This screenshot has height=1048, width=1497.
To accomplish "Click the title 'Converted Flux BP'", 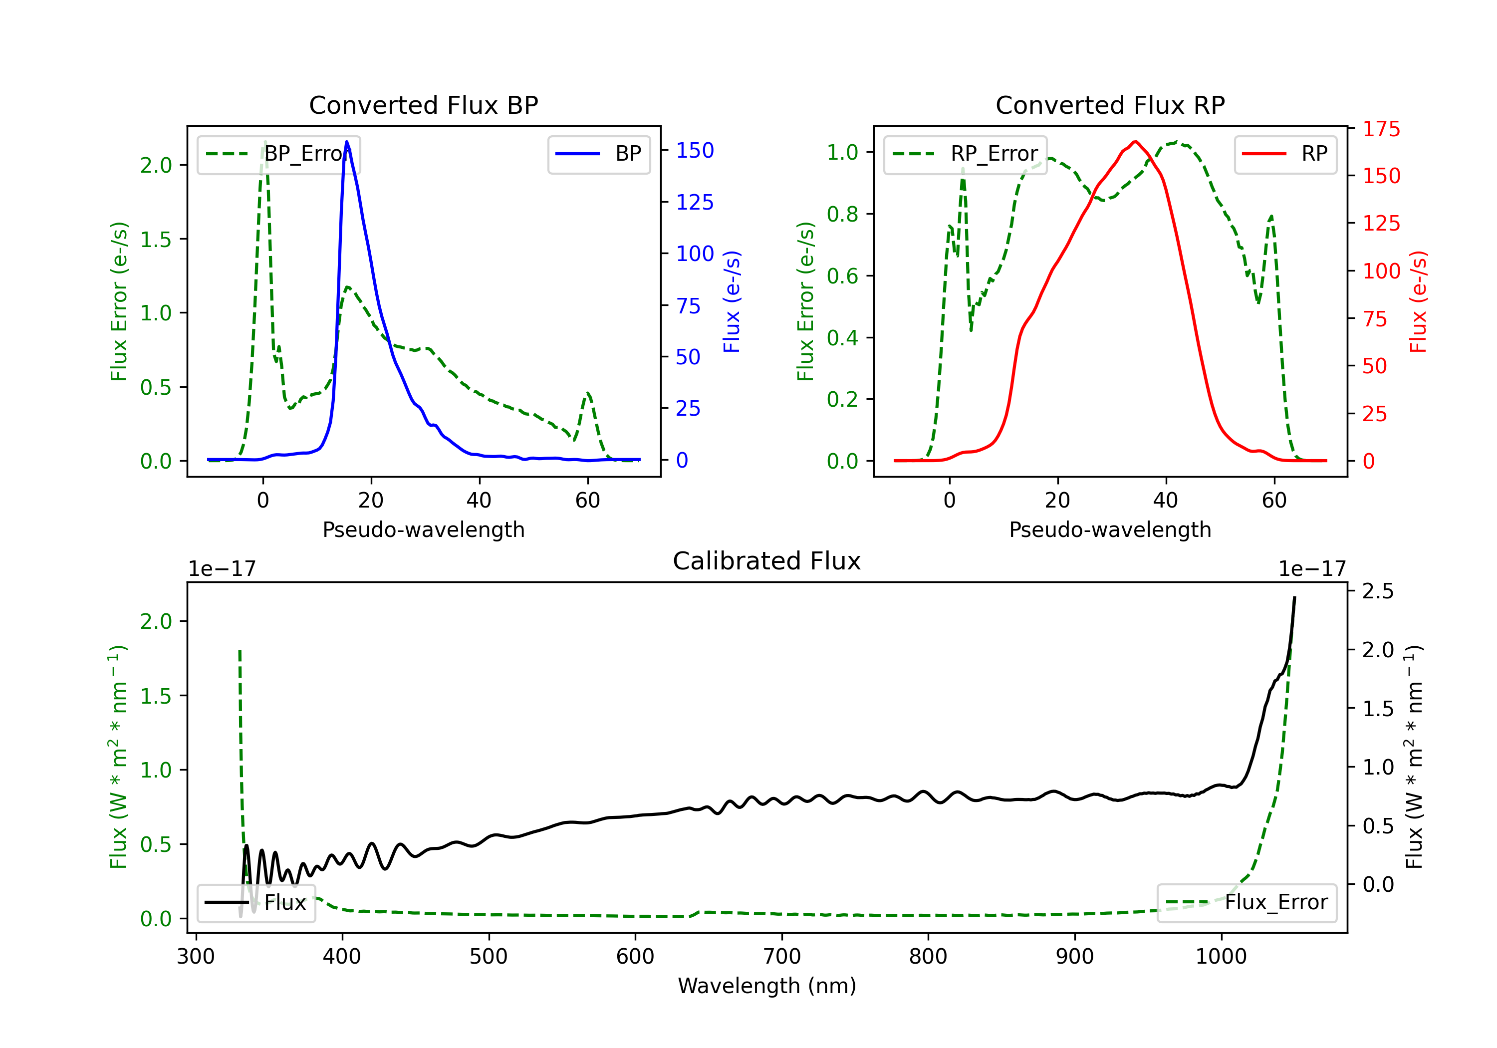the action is pos(423,105).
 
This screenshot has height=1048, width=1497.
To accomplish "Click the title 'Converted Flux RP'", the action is pos(1110,105).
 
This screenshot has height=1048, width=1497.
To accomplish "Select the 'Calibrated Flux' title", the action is pos(767,561).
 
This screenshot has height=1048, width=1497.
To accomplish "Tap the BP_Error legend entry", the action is pos(278,154).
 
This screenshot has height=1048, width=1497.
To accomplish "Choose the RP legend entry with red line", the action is pos(1285,154).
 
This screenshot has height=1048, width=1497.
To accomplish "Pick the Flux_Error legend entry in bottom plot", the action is pos(1247,903).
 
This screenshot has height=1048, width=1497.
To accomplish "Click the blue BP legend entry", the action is pos(598,154).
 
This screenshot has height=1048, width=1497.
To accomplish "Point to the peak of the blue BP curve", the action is pos(347,142).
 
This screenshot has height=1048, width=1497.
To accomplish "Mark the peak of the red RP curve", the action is pos(1135,142).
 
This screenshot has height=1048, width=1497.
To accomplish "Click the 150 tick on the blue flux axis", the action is pos(695,151).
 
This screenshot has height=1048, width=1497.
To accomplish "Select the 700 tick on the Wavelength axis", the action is pos(782,957).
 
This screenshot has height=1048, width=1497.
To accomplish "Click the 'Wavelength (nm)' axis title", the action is pos(767,986).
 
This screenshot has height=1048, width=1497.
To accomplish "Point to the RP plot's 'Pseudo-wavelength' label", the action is pos(1110,529).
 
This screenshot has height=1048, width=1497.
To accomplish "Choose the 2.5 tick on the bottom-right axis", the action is pos(1378,591).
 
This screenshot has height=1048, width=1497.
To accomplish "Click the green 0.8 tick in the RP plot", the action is pos(842,214).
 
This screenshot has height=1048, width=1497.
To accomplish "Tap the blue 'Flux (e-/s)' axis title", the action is pos(732,302).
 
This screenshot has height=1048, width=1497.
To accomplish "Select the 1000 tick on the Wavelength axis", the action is pos(1221,957).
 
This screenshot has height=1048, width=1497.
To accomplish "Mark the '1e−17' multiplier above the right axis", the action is pos(1312,569).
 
